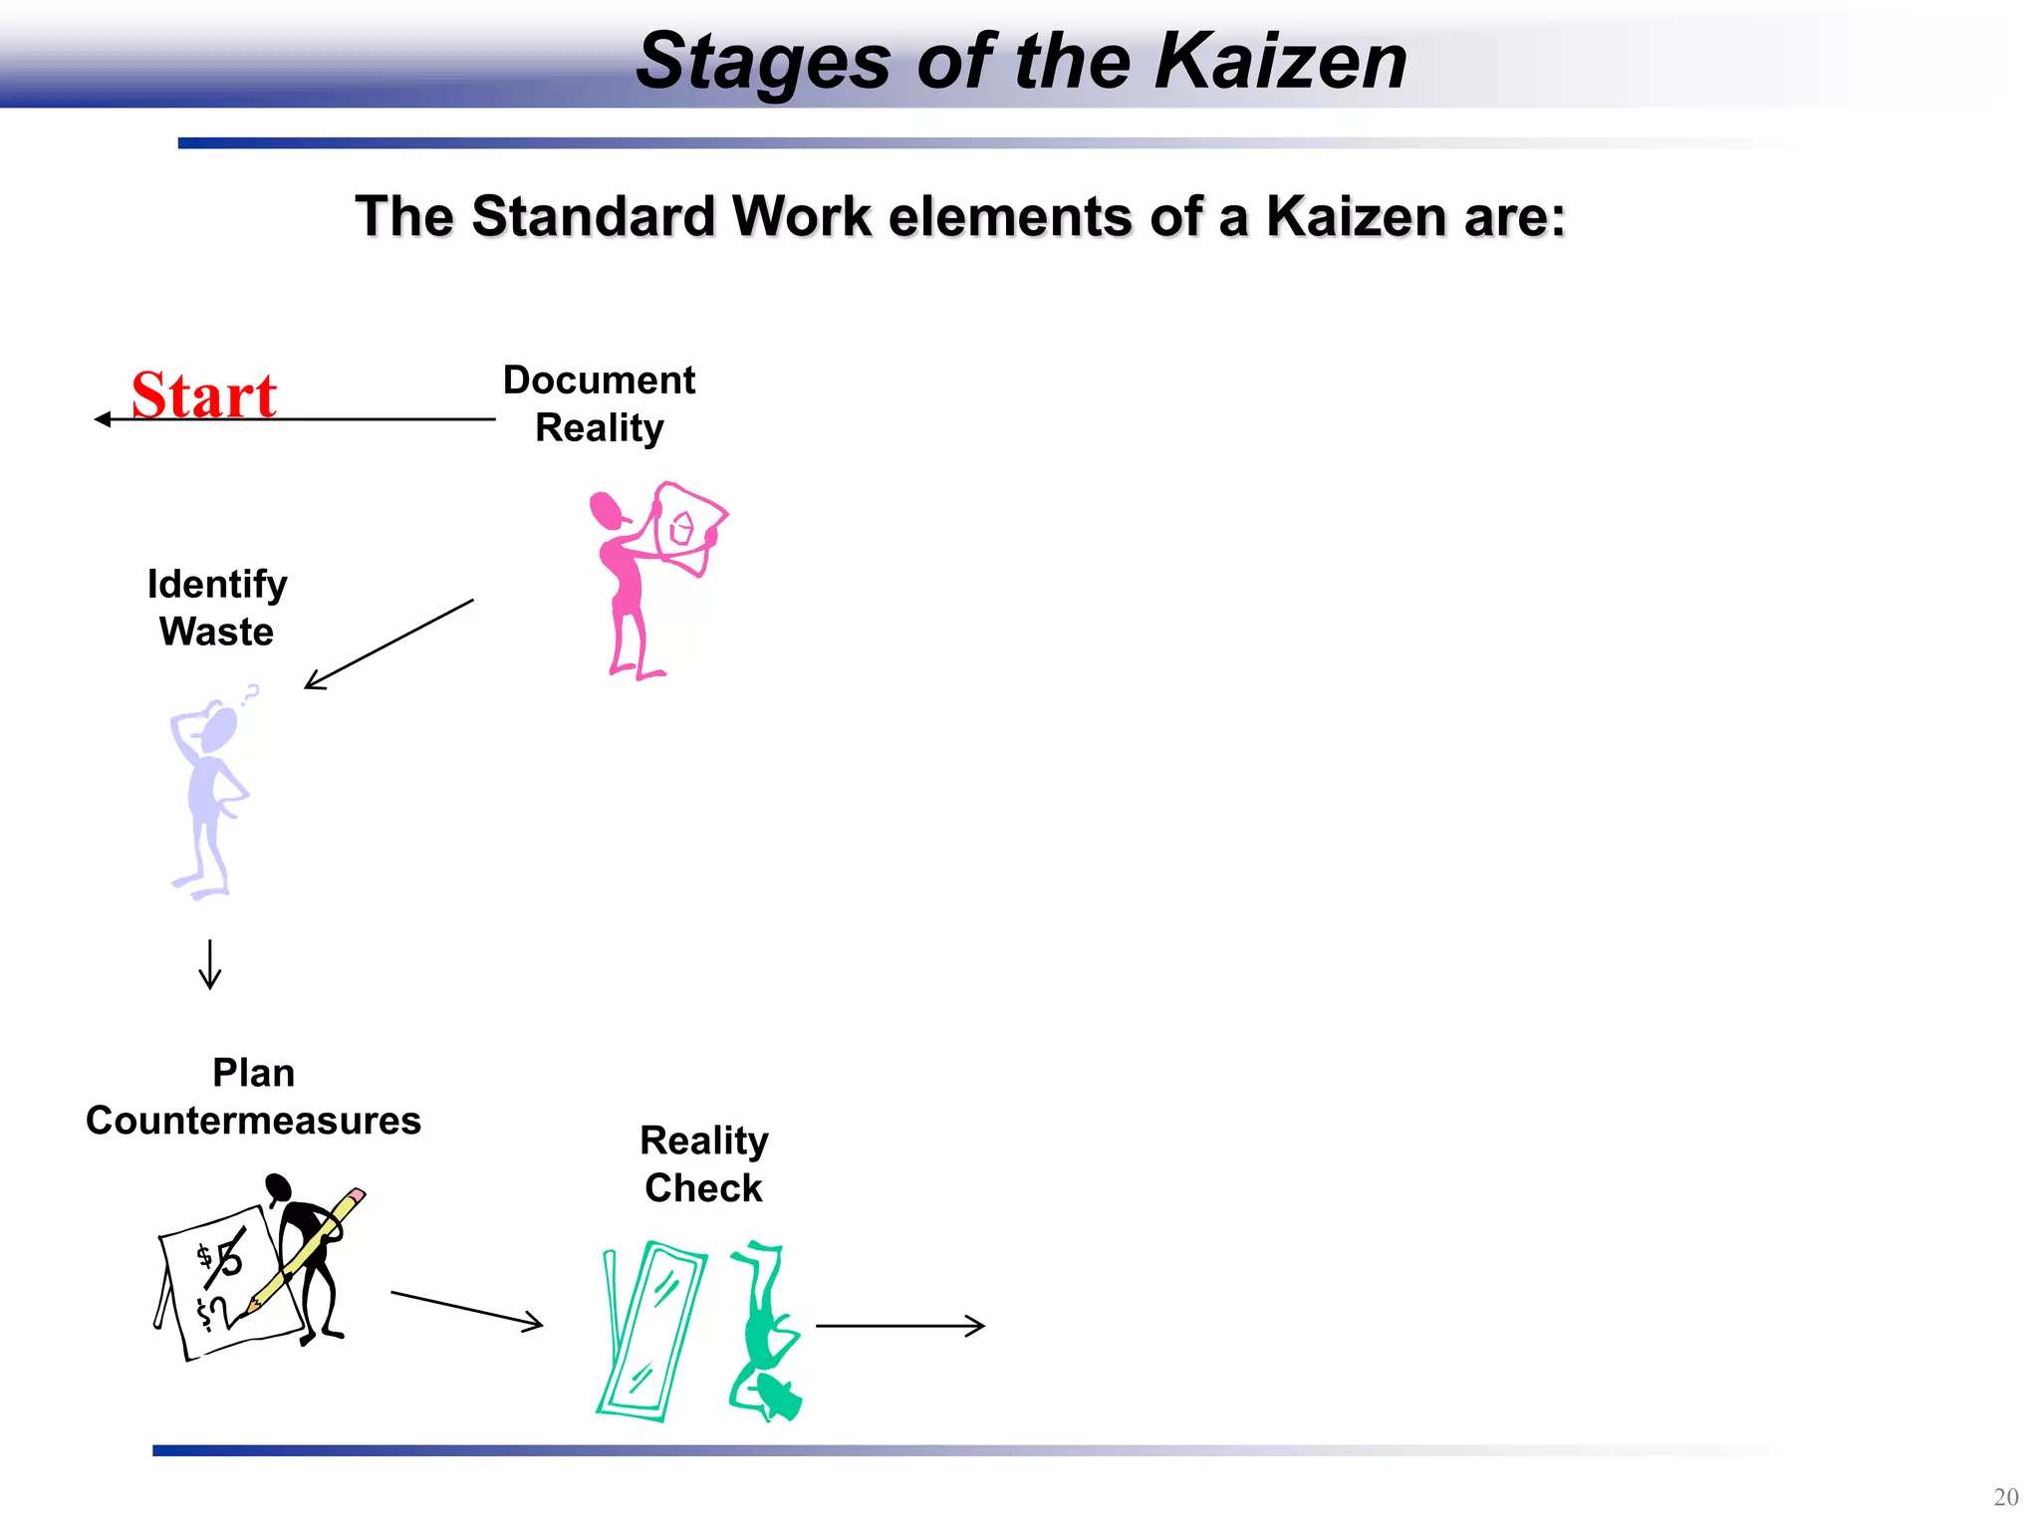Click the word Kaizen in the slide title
coord(1280,62)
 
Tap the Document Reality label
coord(599,403)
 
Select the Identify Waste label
coord(217,608)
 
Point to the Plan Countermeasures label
coord(253,1097)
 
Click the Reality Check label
coord(703,1163)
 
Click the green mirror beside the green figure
coord(652,1330)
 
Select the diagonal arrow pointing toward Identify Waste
coord(388,644)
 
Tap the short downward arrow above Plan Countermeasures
coord(210,963)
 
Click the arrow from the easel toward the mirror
coord(466,1309)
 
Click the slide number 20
coord(2005,1497)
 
